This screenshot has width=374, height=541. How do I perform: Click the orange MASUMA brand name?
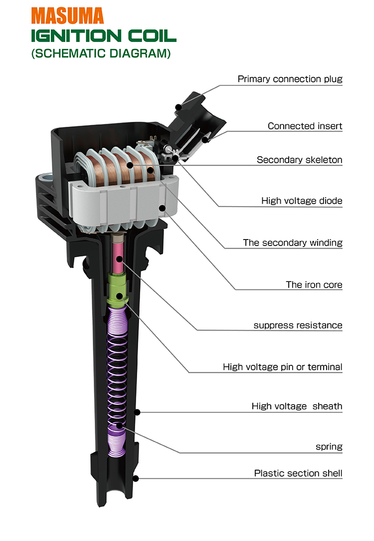pos(68,15)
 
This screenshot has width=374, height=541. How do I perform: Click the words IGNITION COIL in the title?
pos(103,36)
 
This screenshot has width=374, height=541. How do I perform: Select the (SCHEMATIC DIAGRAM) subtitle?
pos(101,53)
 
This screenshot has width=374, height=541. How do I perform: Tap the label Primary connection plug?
pos(290,79)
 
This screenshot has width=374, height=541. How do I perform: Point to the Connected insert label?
pos(305,126)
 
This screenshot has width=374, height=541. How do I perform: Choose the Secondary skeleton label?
pos(299,160)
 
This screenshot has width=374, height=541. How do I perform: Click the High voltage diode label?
pos(302,201)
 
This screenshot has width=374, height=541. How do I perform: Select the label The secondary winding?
pos(293,243)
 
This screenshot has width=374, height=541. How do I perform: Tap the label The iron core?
pos(314,284)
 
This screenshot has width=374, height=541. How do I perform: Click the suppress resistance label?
pos(298,325)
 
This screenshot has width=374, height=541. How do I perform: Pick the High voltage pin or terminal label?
pos(282,367)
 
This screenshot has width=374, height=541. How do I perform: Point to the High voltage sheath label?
pos(297,406)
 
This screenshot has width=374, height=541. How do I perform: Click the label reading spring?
pos(329,447)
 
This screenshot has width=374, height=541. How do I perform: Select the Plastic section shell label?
pos(298,473)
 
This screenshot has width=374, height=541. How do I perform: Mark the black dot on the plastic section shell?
pos(135,479)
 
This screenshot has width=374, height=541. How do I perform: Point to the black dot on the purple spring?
pos(119,425)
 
